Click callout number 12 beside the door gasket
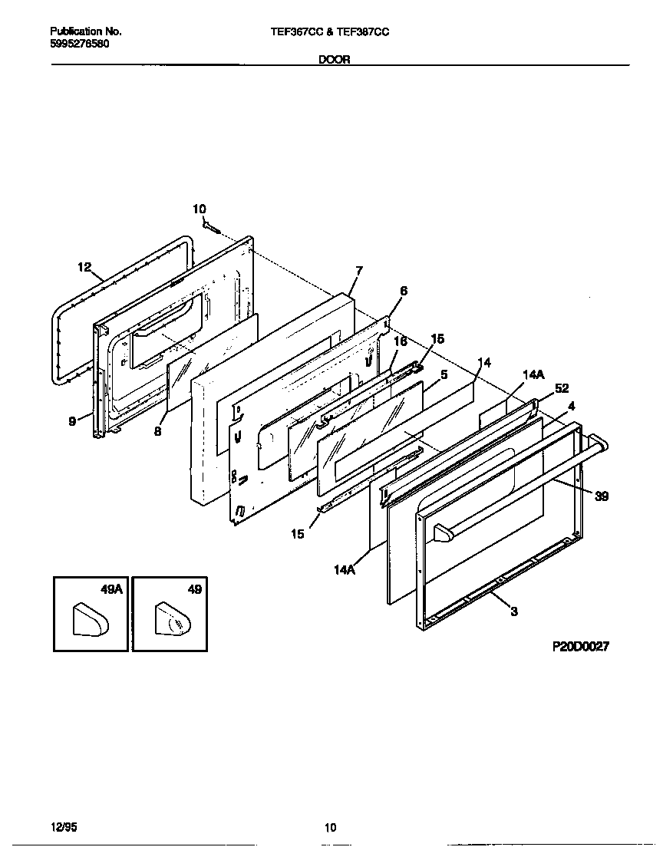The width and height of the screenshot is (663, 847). click(84, 267)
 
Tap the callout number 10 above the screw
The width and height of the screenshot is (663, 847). click(199, 209)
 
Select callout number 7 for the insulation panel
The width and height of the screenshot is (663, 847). click(358, 270)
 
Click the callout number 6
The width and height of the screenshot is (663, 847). click(404, 291)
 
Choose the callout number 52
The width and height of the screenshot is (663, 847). click(562, 388)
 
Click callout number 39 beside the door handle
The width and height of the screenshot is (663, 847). click(602, 496)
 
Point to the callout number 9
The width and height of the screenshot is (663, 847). click(72, 420)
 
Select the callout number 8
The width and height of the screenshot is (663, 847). click(157, 431)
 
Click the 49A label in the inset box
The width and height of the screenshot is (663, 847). click(111, 589)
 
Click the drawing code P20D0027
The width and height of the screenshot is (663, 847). click(580, 647)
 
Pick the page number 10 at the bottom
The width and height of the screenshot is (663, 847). click(330, 827)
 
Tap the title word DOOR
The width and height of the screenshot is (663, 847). click(335, 60)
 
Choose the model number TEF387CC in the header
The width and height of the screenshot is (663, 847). click(362, 32)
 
